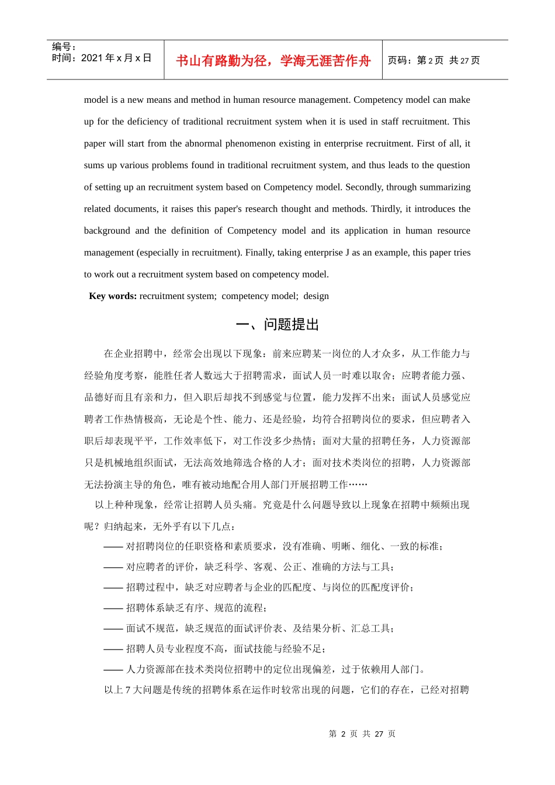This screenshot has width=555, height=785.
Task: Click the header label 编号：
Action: [64, 47]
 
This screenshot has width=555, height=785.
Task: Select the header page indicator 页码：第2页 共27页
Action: [433, 60]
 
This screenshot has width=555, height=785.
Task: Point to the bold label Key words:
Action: [113, 296]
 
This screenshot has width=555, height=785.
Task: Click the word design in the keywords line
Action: [316, 296]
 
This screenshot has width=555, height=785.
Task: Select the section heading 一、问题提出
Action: [277, 325]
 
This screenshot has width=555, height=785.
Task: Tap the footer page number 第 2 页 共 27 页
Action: [362, 734]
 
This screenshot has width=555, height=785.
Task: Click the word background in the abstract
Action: [107, 231]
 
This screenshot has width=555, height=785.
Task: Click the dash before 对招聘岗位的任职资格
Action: [113, 547]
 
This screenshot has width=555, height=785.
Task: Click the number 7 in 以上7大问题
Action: [127, 690]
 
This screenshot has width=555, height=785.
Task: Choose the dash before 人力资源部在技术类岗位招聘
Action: [113, 669]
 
